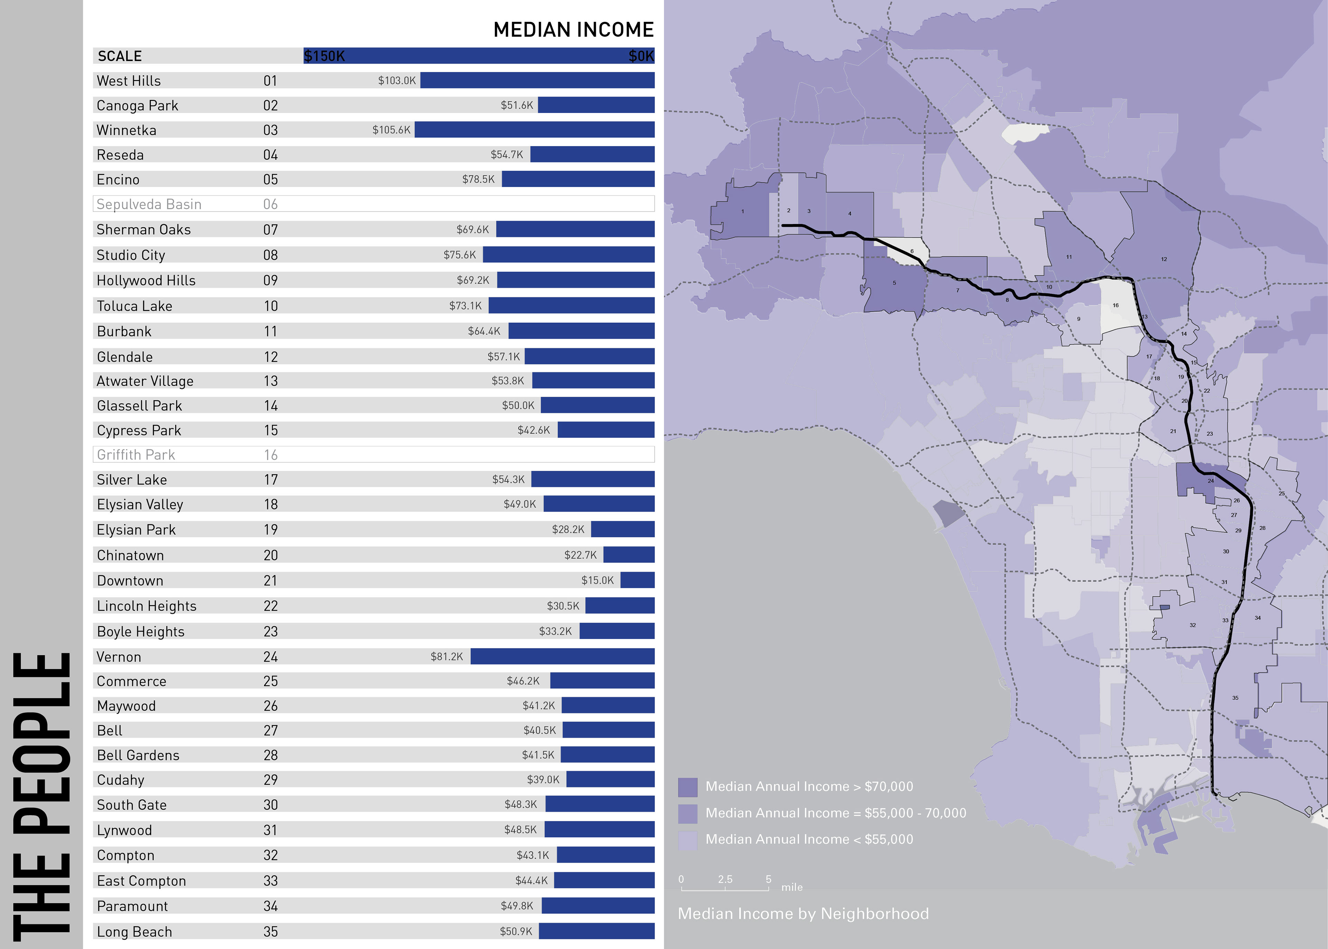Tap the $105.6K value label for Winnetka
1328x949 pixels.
(x=391, y=130)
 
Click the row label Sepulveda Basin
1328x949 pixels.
(x=149, y=204)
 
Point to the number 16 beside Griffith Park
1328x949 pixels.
(x=270, y=455)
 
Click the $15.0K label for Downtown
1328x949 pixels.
(x=597, y=580)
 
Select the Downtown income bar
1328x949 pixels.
(x=637, y=580)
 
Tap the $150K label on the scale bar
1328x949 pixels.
(x=325, y=56)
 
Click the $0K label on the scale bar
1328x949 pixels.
(x=640, y=56)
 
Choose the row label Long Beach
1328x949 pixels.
(x=134, y=931)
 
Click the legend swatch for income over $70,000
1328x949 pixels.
(x=688, y=787)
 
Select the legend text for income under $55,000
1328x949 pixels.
(x=809, y=839)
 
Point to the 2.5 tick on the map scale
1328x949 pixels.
(x=725, y=879)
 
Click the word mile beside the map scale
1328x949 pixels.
(x=792, y=887)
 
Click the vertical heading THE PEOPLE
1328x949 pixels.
(x=41, y=795)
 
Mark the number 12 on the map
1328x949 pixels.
(x=1164, y=259)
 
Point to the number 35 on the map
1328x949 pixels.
(x=1235, y=698)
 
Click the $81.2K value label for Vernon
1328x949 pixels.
(x=447, y=656)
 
